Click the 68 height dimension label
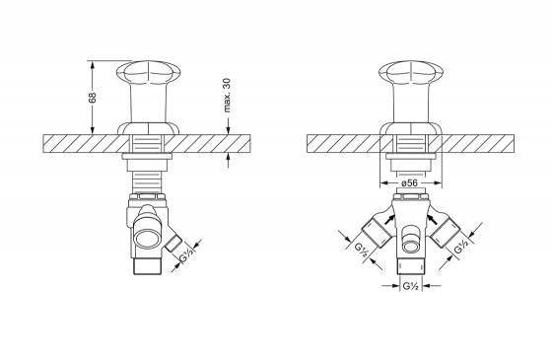point(93,98)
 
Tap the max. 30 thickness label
point(227,95)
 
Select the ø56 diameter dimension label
point(409,182)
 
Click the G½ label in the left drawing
point(187,255)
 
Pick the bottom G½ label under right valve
point(410,286)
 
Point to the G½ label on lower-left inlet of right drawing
point(361,250)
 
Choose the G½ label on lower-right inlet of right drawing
point(461,246)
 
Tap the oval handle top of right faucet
point(411,73)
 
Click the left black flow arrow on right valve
point(388,218)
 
